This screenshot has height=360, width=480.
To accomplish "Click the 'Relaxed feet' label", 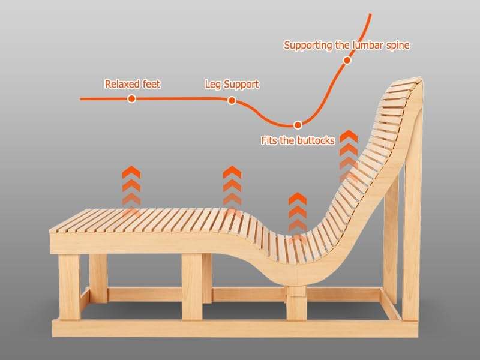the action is coord(132,84).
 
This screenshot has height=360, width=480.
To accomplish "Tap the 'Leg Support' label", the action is coord(232,84).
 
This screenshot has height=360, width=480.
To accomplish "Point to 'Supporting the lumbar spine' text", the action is coord(347,45).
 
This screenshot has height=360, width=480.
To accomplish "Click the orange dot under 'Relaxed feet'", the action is coord(131,98).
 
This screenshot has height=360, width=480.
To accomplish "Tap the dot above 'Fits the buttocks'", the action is coord(298,125).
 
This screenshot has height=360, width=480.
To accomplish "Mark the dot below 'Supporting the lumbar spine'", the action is coord(346,60).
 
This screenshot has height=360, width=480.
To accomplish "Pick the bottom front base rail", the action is coord(228,328).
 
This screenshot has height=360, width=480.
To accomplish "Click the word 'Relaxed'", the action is coord(120,84).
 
